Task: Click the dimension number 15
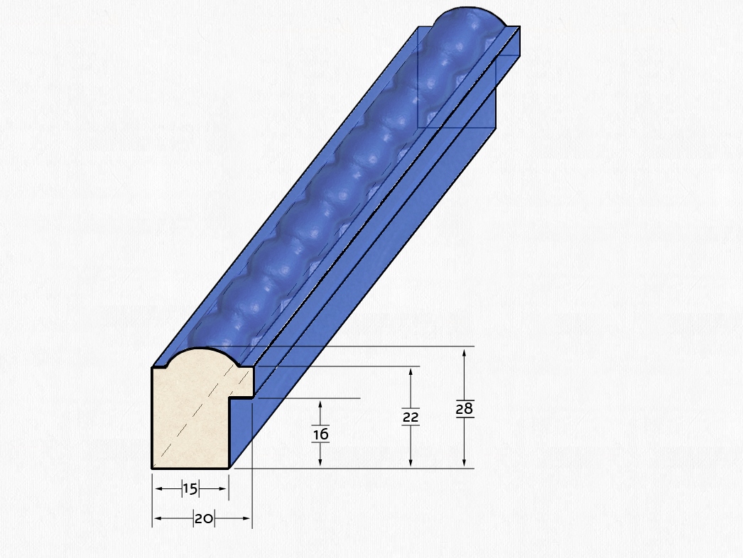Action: point(190,489)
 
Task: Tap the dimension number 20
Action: point(204,519)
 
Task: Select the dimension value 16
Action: point(321,434)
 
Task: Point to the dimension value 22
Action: point(411,417)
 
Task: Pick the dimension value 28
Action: point(465,408)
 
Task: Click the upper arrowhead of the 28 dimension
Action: point(465,352)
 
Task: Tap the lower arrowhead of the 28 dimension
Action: point(465,463)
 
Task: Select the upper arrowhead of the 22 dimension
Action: point(411,372)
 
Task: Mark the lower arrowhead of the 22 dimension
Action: point(411,463)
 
